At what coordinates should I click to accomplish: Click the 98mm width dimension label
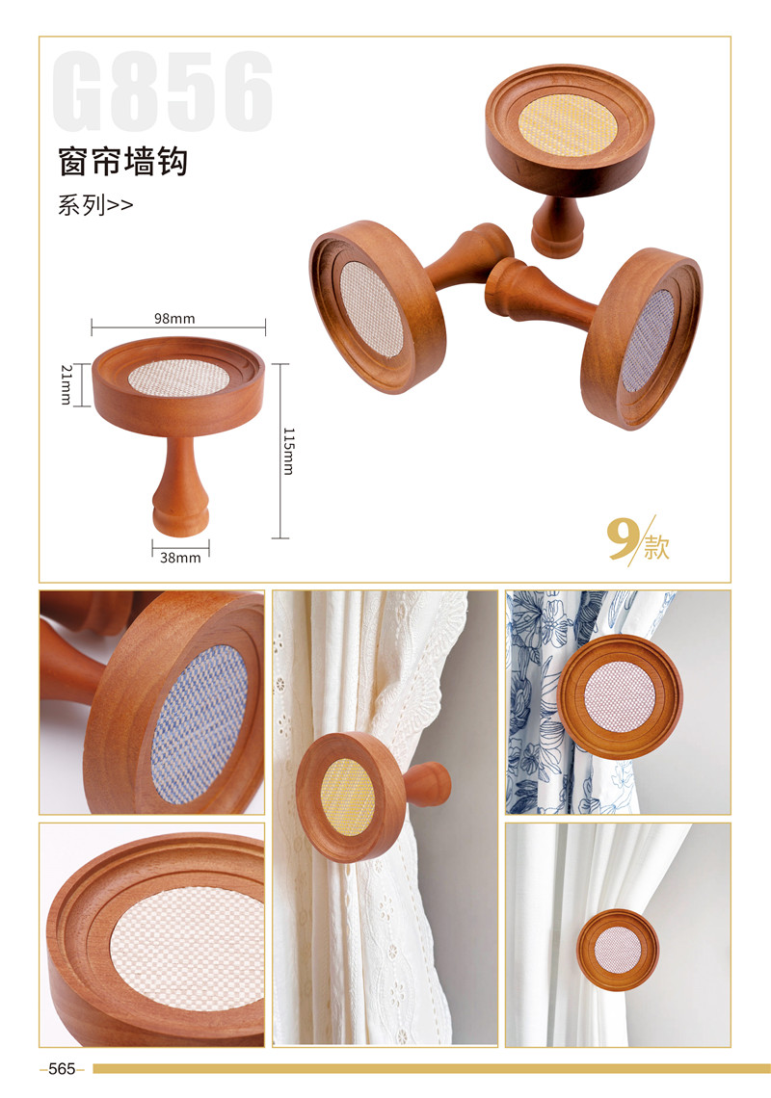click(174, 319)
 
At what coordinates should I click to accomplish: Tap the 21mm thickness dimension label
click(66, 384)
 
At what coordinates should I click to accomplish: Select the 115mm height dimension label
click(288, 451)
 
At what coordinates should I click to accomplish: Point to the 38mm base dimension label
click(180, 558)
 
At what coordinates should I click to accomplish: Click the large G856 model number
click(163, 91)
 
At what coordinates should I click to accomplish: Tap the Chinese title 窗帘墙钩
click(122, 162)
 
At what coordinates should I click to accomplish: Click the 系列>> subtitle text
click(95, 205)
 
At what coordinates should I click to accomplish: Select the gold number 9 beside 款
click(622, 538)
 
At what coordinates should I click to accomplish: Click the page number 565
click(62, 1068)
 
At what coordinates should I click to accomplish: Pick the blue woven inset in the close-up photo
click(199, 724)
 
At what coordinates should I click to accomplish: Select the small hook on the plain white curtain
click(618, 950)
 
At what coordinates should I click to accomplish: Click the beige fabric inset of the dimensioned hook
click(179, 379)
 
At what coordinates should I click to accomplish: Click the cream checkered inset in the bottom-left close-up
click(188, 949)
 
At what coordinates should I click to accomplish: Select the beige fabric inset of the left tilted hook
click(372, 309)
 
